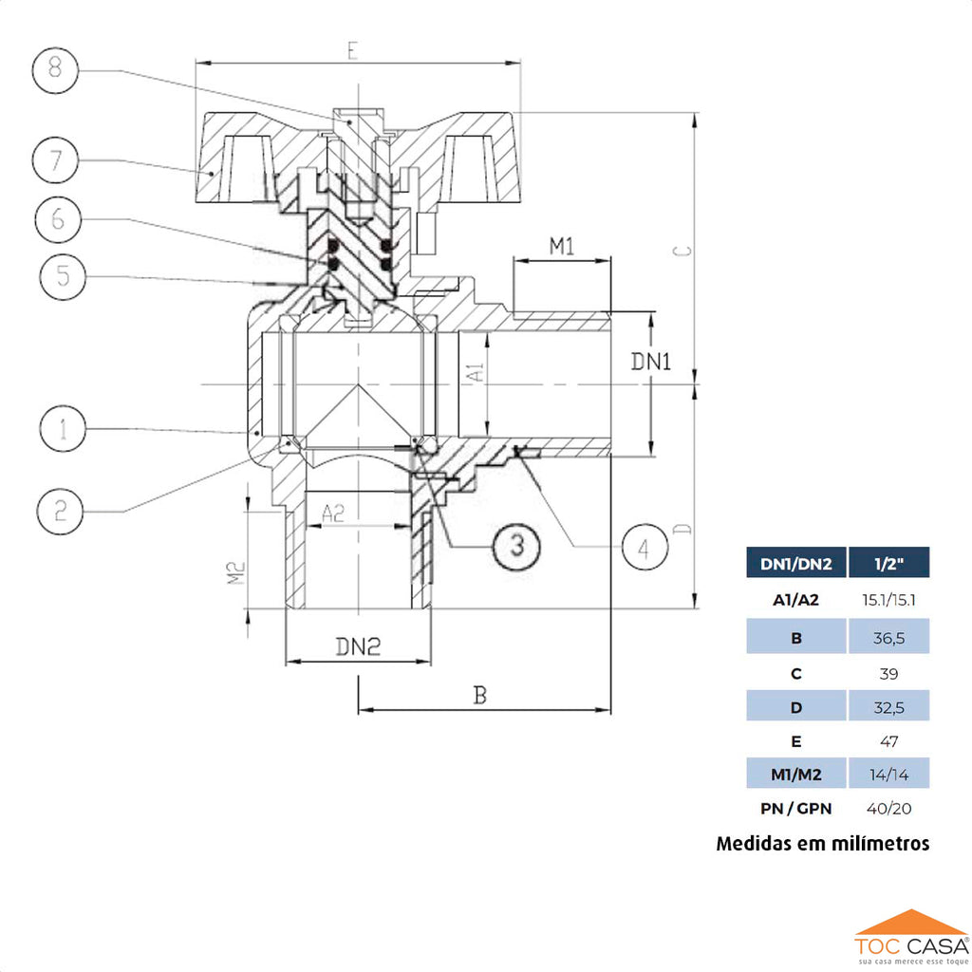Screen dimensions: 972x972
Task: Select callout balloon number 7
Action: point(57,161)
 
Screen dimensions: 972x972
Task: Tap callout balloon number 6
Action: point(59,219)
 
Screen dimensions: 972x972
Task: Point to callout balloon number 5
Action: point(64,277)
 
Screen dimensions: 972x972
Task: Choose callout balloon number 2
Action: point(61,513)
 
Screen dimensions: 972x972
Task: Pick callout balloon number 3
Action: point(516,545)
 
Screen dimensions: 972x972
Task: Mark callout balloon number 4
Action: point(645,548)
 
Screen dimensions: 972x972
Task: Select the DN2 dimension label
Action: point(358,647)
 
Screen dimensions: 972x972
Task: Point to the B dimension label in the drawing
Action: point(480,696)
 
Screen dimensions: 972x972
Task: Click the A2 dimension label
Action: point(332,514)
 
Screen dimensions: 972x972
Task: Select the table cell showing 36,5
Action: point(888,637)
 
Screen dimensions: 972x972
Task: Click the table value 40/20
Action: point(888,809)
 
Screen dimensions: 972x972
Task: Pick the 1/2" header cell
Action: point(888,564)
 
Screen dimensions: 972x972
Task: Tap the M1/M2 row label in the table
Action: point(795,775)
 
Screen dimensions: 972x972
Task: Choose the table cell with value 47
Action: point(888,740)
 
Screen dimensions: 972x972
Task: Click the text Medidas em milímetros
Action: point(822,843)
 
